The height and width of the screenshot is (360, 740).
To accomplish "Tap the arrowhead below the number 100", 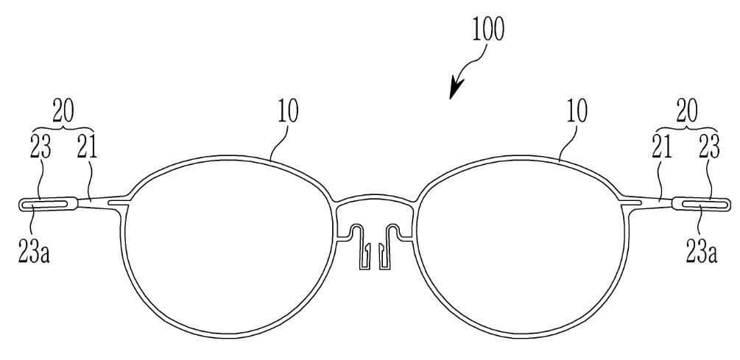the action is pos(456,89).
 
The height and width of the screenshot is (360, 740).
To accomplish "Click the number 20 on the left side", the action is pos(63,113).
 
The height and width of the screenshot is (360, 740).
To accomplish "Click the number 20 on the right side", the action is pos(687,113).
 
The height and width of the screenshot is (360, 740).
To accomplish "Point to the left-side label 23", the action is pos(39,149).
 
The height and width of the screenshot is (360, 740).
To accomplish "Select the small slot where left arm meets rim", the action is pos(119,202).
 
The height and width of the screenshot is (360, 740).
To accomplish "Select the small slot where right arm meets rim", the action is pos(632,202).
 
